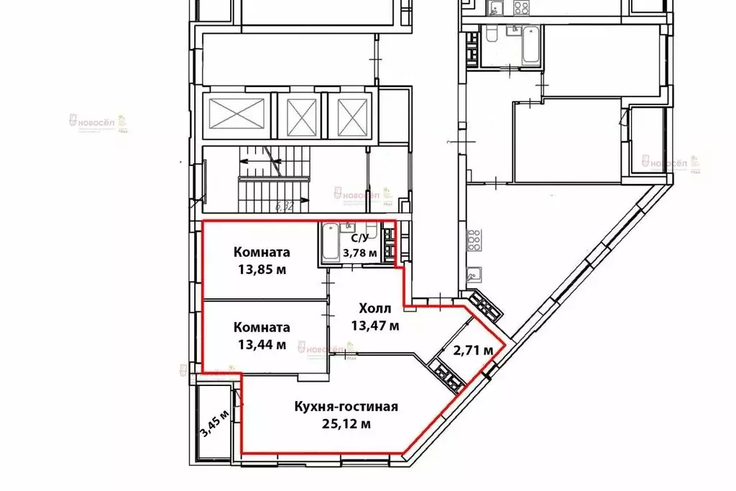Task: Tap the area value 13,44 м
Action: tap(262, 344)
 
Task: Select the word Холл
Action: tap(375, 308)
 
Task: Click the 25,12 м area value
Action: tap(346, 423)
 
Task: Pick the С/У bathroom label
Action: tap(359, 237)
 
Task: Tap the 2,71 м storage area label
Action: tap(473, 351)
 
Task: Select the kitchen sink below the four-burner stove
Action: tap(474, 274)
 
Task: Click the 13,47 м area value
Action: tap(375, 325)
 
